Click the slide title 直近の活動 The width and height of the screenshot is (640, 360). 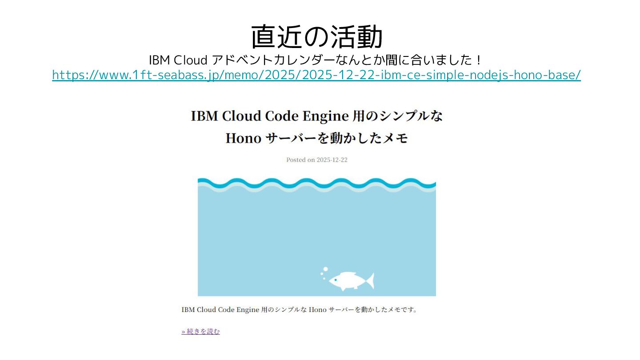(316, 37)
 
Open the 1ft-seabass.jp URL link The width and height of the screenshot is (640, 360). (316, 75)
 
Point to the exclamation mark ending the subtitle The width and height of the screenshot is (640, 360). (478, 60)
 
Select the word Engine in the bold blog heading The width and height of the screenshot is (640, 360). (325, 116)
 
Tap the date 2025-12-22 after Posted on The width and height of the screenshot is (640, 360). (332, 160)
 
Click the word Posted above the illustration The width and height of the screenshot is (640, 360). (296, 160)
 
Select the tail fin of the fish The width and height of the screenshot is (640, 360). (370, 281)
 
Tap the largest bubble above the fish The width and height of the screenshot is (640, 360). (325, 269)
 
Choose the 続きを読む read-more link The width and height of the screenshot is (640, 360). (200, 332)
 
